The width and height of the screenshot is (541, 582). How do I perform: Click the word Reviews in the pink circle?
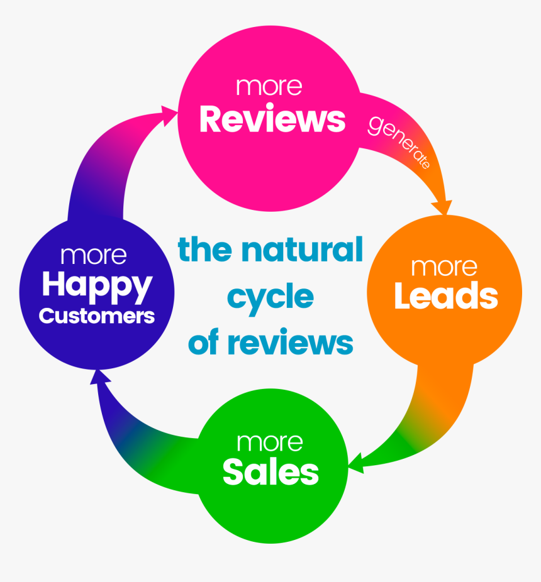coord(272,119)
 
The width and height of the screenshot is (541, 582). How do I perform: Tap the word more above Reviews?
coord(269,86)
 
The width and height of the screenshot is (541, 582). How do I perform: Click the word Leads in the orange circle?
coord(445,297)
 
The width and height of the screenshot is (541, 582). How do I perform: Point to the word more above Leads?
coord(444,266)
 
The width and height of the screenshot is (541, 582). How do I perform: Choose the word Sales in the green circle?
coord(270,473)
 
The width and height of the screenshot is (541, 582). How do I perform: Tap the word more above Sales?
coord(269,442)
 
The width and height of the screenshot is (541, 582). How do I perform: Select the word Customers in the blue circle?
coord(96,316)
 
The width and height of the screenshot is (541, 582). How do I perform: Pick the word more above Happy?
coord(94,255)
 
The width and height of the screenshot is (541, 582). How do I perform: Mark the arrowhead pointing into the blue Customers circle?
coord(96,377)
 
